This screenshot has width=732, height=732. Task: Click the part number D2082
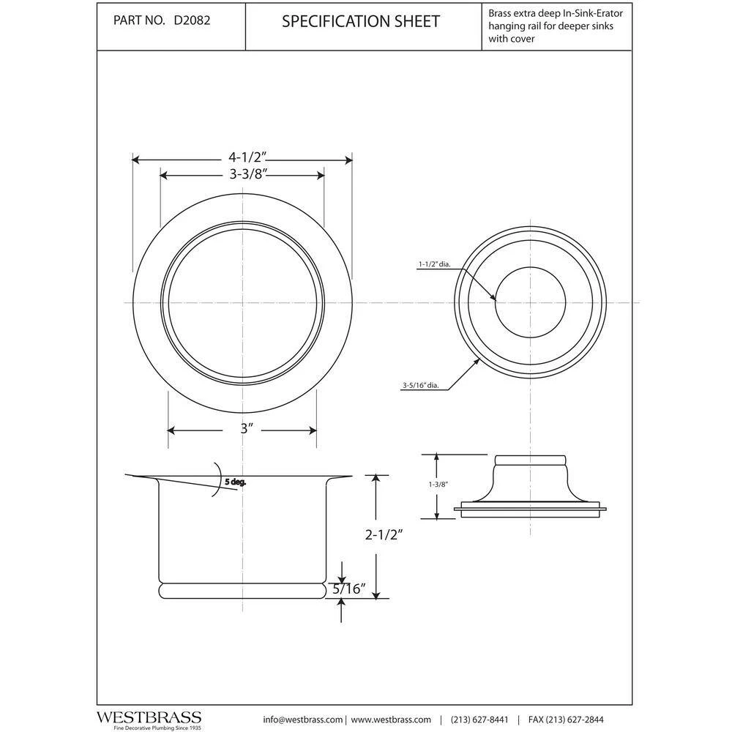click(x=193, y=21)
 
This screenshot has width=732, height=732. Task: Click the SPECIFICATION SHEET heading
click(x=361, y=22)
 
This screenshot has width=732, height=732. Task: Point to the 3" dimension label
click(x=246, y=430)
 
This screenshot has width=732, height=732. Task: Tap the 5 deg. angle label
click(x=235, y=482)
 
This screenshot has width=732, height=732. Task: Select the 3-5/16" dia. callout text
click(x=420, y=386)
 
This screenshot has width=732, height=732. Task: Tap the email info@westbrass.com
click(x=302, y=719)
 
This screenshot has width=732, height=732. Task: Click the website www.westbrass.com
click(x=389, y=719)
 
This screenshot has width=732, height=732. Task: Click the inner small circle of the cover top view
click(x=531, y=302)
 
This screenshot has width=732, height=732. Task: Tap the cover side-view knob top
click(x=531, y=460)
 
